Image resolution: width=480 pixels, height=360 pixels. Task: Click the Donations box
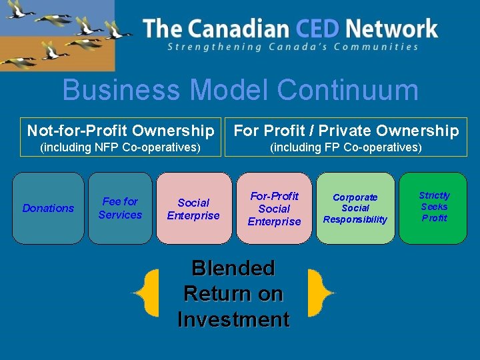(x=48, y=208)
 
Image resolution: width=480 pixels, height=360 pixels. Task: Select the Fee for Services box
(x=120, y=208)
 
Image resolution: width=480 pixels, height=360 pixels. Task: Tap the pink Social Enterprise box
(x=193, y=209)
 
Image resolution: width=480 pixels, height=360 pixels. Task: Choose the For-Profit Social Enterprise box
(x=275, y=209)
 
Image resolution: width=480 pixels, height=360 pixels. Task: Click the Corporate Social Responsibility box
(x=355, y=208)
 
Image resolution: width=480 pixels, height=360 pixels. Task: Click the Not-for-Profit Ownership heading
(x=121, y=131)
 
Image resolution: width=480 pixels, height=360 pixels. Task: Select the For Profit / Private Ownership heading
(x=346, y=131)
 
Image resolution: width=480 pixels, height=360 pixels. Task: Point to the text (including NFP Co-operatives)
(x=121, y=147)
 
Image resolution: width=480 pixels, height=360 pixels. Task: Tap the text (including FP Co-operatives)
(x=346, y=147)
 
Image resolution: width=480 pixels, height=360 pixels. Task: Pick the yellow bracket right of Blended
(x=318, y=293)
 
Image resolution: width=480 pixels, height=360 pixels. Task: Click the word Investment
(x=233, y=319)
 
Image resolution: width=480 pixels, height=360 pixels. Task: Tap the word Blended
(x=233, y=268)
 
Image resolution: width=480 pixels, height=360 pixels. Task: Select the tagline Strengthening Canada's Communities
(x=293, y=47)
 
